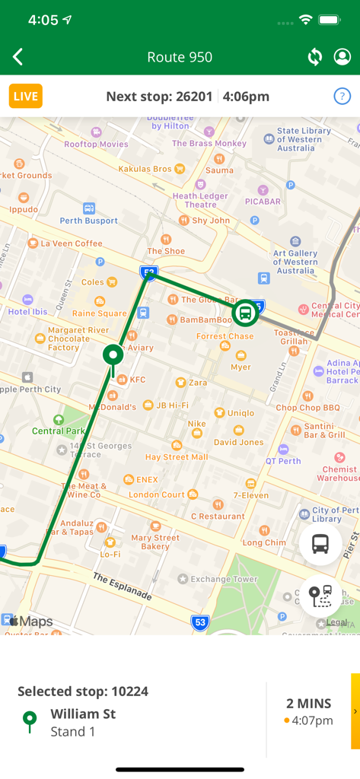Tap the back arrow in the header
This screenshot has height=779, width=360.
coord(18,57)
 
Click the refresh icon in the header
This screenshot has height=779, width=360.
coord(314,57)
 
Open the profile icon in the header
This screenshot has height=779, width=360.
coord(342,57)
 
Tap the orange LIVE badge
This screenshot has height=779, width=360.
coord(26,96)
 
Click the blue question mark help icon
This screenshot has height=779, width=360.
coord(342,96)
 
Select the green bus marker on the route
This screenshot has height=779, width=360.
coord(244,313)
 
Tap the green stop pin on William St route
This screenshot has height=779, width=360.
coord(113,355)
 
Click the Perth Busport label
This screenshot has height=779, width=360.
coord(89,221)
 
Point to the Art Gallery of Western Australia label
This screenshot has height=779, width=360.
coord(295,262)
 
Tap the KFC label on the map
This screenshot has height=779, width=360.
coord(137,379)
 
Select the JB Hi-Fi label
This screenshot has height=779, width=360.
coord(172,405)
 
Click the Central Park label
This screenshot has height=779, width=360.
coord(59,431)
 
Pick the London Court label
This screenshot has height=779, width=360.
coord(156,494)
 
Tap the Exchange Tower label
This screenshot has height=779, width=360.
coord(224,579)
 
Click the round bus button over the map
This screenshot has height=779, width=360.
coord(320,543)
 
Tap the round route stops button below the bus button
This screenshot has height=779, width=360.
coord(320,596)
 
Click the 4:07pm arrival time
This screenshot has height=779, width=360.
coord(312,720)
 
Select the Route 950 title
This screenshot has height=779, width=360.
coord(180,57)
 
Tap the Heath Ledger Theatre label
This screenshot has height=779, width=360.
coord(200,200)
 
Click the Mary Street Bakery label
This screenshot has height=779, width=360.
coord(155,542)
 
